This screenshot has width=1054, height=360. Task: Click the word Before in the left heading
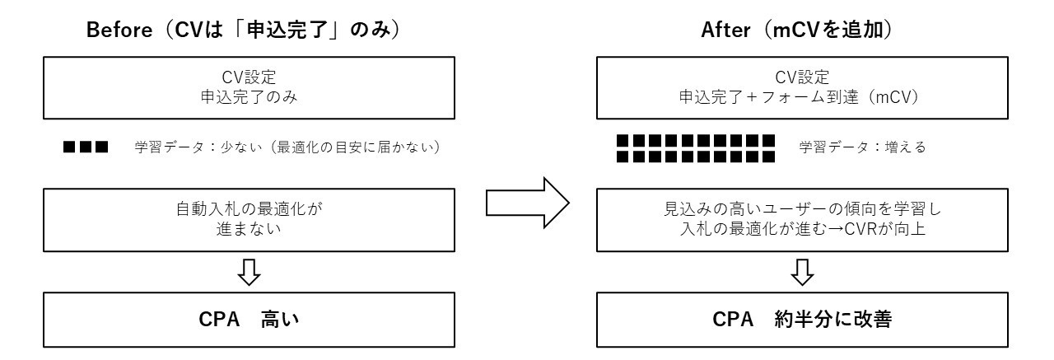tap(119, 30)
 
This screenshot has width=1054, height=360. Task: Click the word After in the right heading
tap(725, 30)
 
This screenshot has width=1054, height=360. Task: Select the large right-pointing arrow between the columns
tap(528, 203)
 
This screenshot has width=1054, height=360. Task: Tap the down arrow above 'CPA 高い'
tap(249, 272)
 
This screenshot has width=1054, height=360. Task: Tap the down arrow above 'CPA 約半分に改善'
tap(802, 272)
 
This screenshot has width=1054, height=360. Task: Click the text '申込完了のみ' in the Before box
tap(249, 97)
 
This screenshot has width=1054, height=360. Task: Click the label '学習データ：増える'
tap(862, 147)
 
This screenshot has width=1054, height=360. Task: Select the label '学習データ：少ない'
tap(198, 147)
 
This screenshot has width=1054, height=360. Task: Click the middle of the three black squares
tap(86, 147)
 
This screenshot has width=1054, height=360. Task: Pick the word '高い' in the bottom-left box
tap(280, 320)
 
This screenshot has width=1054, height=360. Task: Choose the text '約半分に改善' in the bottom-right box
tap(833, 320)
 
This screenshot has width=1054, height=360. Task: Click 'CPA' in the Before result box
tap(219, 320)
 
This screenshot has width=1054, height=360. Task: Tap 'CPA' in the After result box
tap(733, 320)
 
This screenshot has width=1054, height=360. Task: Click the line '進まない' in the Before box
tap(249, 229)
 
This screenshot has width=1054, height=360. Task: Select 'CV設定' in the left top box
tap(249, 77)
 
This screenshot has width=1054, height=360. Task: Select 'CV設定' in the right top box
tap(802, 77)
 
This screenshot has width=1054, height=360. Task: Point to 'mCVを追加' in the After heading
tap(828, 30)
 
